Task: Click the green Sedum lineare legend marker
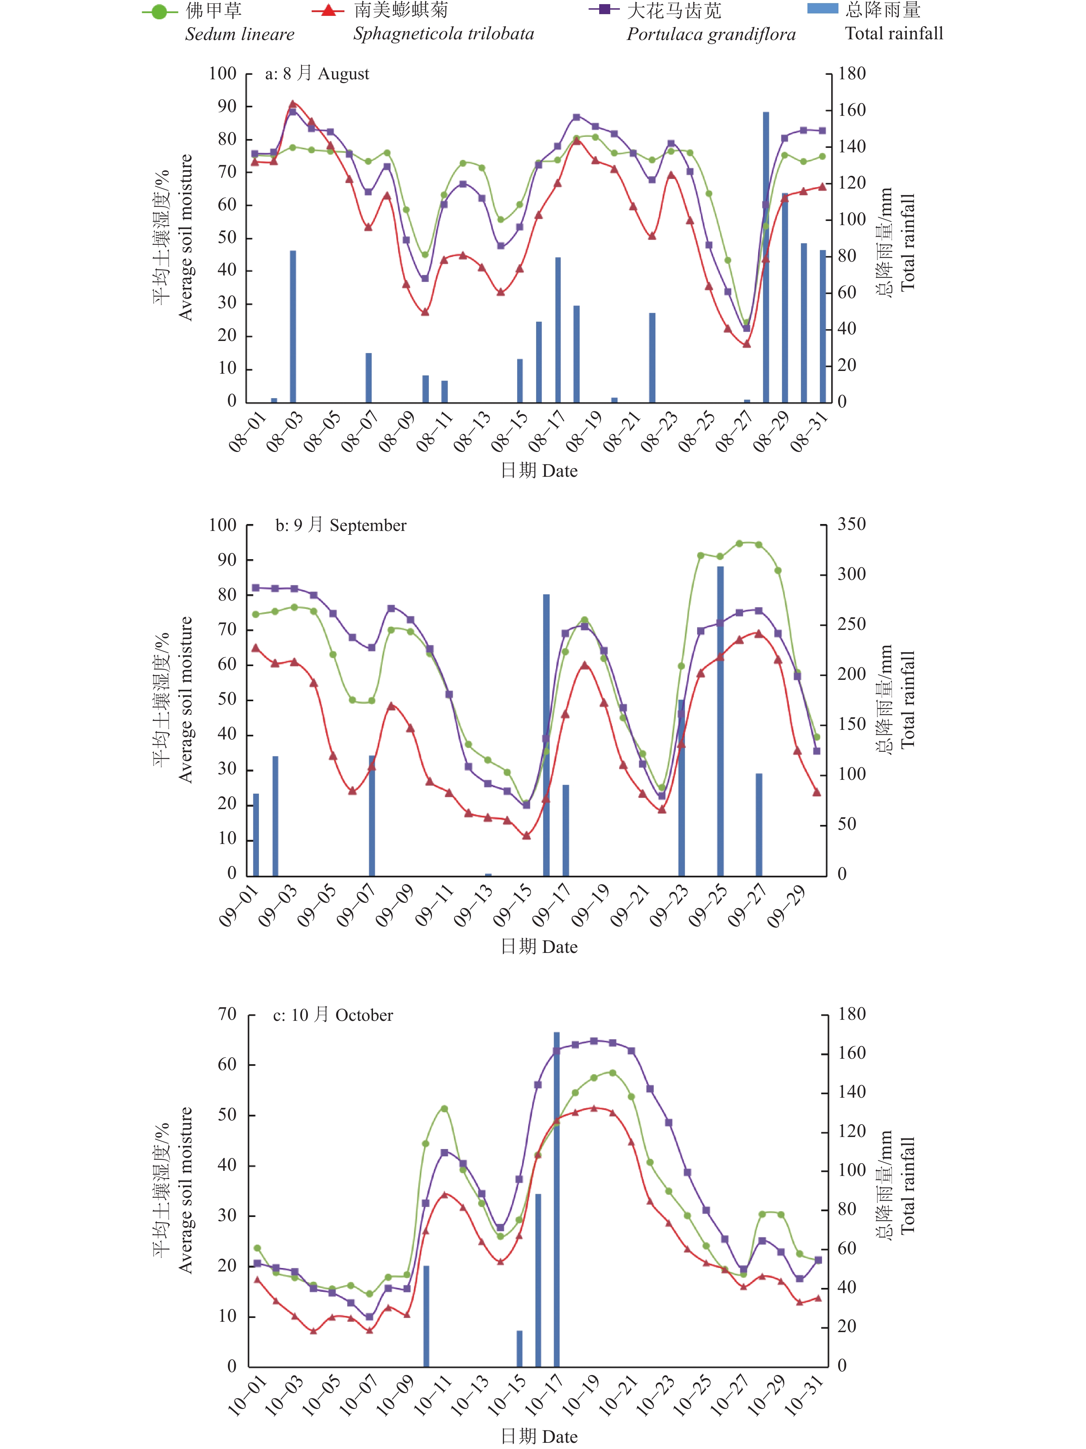(x=159, y=12)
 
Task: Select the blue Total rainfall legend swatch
(x=823, y=9)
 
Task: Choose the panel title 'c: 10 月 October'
(x=333, y=1015)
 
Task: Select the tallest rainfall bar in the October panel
(x=557, y=1199)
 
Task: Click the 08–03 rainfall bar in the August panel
(x=293, y=326)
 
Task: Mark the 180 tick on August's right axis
(x=852, y=73)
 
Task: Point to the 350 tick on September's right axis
(x=852, y=524)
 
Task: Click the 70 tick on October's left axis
(x=227, y=1014)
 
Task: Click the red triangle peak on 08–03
(x=293, y=103)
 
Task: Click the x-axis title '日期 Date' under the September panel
(x=539, y=947)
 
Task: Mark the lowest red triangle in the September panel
(x=527, y=835)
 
